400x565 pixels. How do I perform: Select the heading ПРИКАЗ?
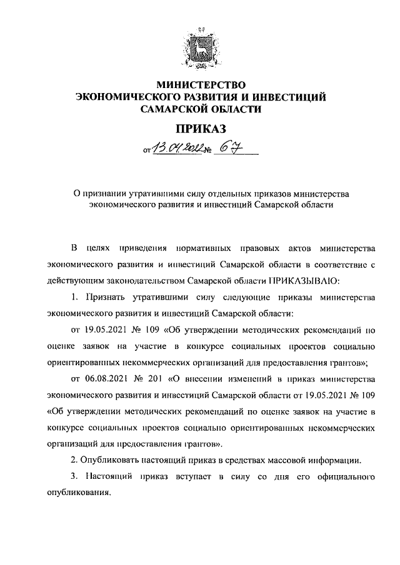click(200, 129)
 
